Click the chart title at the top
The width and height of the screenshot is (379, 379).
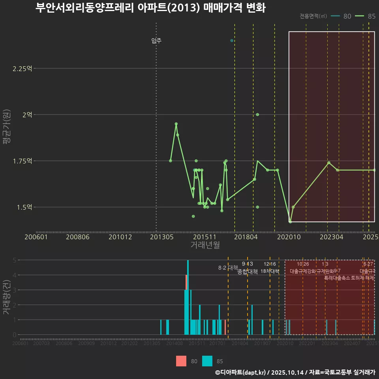150,8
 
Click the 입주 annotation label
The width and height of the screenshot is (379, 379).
156,41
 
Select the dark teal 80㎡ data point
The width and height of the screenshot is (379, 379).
232,41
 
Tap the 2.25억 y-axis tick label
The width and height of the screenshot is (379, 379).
22,69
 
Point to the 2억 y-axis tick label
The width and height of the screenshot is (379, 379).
27,115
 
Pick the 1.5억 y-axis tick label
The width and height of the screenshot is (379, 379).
24,207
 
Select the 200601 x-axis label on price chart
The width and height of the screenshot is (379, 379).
36,237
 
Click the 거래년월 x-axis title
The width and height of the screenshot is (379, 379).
205,245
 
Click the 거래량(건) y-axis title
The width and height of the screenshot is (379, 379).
7,297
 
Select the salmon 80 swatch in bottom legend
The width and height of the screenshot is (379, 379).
181,361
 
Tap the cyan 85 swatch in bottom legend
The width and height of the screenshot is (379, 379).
207,361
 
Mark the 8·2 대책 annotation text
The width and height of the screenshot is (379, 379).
228,268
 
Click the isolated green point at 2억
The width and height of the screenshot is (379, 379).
257,114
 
